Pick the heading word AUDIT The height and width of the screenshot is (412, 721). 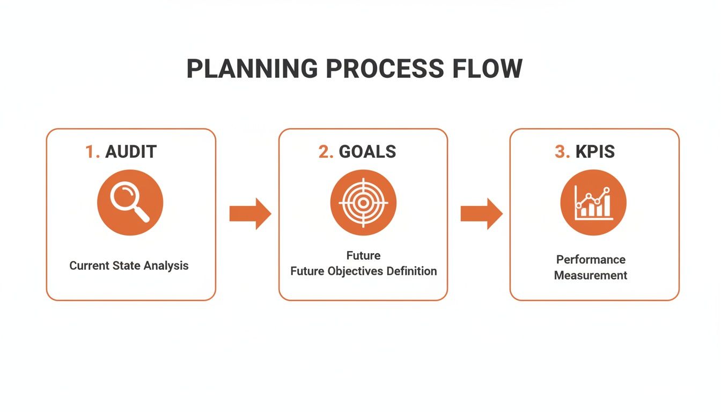[x=131, y=152]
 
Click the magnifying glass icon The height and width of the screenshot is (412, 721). [x=130, y=203]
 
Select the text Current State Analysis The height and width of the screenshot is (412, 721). [x=129, y=266]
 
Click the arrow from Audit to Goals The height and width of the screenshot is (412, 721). [x=250, y=214]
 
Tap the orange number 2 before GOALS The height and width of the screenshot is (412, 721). [x=325, y=152]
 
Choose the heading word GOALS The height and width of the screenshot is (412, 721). [x=367, y=152]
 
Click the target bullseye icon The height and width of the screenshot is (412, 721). [x=363, y=203]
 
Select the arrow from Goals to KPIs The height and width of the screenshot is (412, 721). [x=481, y=214]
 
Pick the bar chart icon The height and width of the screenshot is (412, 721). [x=593, y=203]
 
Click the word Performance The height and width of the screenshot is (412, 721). [x=591, y=260]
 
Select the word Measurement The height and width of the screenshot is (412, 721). [x=591, y=276]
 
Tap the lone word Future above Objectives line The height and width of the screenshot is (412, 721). [x=363, y=255]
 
